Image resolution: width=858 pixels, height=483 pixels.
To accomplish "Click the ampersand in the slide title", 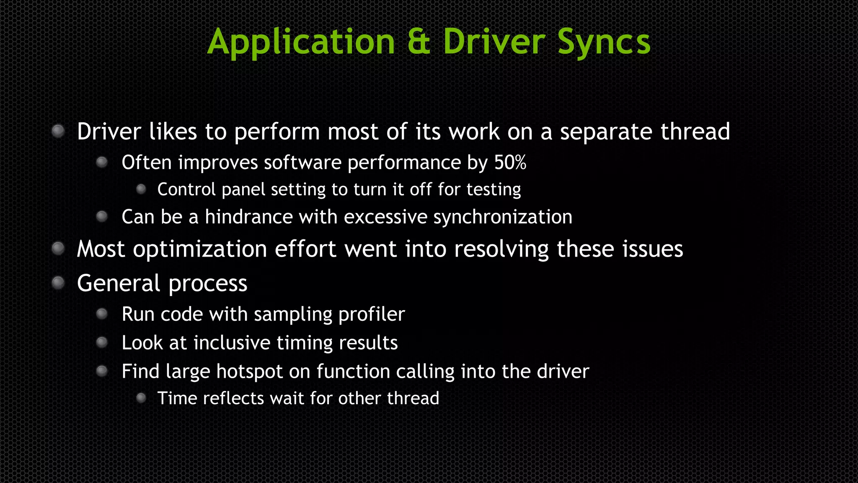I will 419,42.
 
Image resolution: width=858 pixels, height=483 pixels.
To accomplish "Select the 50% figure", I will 510,163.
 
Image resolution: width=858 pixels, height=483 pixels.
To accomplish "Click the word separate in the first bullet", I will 606,132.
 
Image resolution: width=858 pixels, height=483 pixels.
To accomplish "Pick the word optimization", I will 200,250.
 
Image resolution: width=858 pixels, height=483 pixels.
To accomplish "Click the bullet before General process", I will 58,283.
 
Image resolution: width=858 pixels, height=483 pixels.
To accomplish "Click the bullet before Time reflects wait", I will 141,397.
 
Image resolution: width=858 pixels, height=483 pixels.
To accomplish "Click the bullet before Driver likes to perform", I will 58,131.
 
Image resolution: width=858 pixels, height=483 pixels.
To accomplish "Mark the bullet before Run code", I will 102,314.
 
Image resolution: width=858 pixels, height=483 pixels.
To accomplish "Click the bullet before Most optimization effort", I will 58,249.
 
